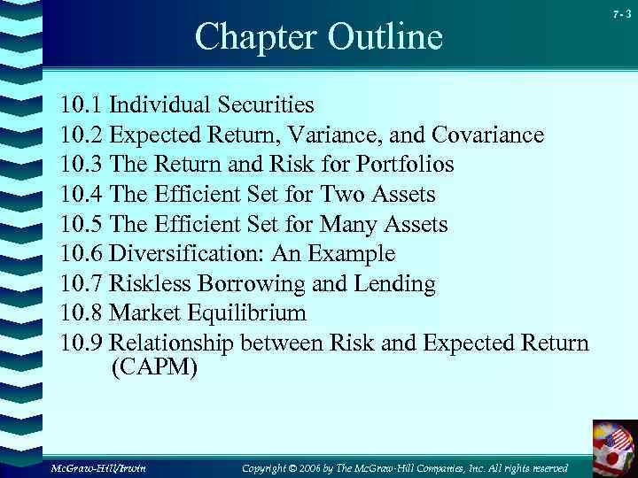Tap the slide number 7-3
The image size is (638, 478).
[621, 12]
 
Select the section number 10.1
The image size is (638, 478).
[81, 105]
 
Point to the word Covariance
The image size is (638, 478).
[488, 135]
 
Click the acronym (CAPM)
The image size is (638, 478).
[154, 367]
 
